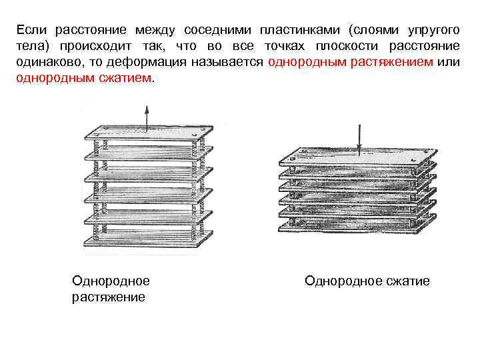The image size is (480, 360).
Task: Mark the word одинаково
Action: tap(46, 61)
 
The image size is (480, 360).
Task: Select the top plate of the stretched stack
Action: tap(147, 138)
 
